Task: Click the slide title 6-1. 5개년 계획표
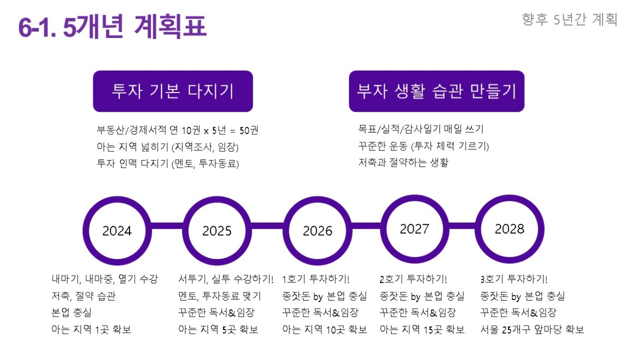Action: point(112,26)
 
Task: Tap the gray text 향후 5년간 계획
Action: point(569,19)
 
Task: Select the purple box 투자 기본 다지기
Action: point(173,91)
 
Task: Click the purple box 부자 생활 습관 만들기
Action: point(436,91)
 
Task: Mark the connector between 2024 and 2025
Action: point(167,226)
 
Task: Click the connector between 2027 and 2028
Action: point(462,226)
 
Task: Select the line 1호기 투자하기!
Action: point(316,279)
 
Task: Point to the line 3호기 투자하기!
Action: point(514,279)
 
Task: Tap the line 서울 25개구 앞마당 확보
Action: point(532,329)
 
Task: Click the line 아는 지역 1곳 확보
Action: point(92,329)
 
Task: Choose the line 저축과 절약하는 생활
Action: point(404,163)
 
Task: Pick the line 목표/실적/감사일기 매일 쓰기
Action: point(421,129)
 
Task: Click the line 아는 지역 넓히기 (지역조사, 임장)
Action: point(167,147)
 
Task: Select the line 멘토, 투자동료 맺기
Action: point(219,296)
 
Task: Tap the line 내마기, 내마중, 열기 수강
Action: point(105,279)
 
